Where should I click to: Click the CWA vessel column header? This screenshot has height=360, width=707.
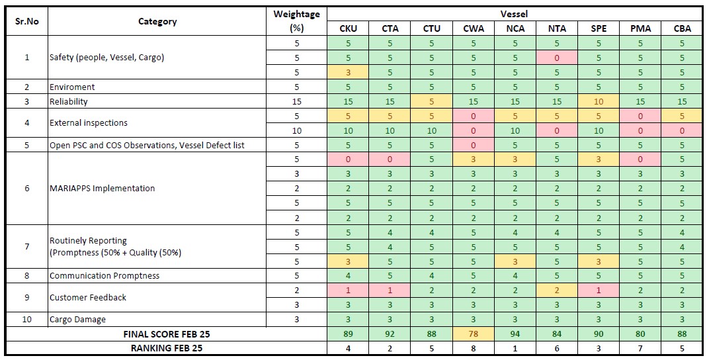point(474,28)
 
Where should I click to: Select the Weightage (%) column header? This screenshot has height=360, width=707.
point(296,21)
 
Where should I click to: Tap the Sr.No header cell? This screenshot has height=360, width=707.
point(27,21)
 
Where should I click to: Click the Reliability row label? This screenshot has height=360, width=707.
point(69,102)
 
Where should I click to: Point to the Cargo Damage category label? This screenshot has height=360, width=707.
point(77,319)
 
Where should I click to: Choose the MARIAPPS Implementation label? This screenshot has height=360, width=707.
point(103,189)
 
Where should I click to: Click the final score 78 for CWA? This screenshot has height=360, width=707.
point(474,334)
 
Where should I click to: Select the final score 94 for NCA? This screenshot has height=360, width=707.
point(515,334)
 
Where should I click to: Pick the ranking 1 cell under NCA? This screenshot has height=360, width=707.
point(515,348)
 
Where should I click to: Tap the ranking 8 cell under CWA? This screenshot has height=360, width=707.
point(474,348)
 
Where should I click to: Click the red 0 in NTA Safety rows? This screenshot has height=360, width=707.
point(557,58)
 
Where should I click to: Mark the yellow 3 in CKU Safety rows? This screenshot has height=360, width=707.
point(348,72)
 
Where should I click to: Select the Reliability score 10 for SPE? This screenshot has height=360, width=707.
point(599,102)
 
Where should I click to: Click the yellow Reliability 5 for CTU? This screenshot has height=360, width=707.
point(432,102)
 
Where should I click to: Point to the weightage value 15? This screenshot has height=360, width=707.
point(296,102)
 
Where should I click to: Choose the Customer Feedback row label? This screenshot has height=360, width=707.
point(88,297)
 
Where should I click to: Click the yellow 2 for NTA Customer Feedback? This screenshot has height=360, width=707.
point(557,291)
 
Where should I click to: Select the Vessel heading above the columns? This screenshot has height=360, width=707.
point(515,13)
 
